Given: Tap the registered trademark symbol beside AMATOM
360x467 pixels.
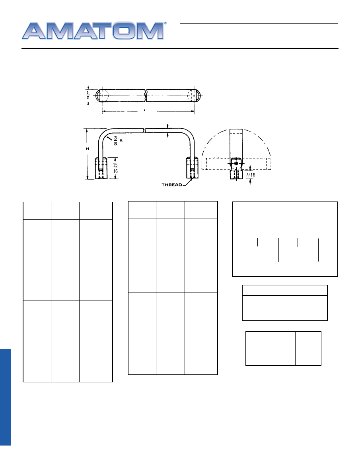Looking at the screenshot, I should [165, 24].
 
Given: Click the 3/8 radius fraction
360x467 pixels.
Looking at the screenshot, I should [115, 140].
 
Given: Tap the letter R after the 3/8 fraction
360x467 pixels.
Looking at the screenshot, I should [121, 140].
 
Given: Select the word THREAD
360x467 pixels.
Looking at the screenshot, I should [172, 185].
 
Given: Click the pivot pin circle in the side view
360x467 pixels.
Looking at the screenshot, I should [236, 163].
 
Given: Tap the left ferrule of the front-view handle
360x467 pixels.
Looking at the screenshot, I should [100, 168].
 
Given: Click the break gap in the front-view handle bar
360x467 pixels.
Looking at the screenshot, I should [144, 130].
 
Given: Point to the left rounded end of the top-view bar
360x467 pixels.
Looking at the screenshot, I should [99, 95].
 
